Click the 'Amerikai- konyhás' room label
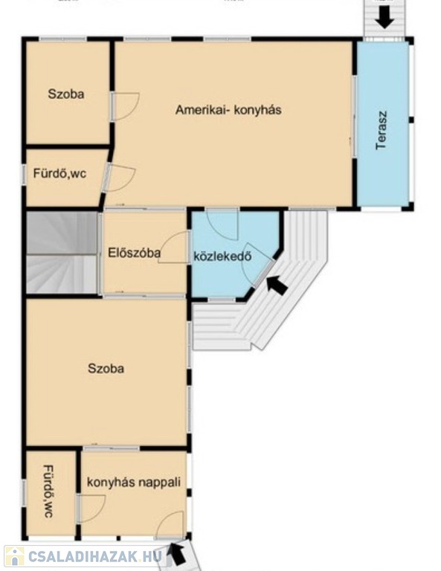[228, 109]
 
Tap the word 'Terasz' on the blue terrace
[382, 130]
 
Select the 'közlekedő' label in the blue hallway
[222, 257]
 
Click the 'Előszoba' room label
[134, 253]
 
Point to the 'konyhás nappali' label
[134, 482]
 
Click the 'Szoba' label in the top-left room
[66, 94]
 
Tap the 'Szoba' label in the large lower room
[106, 368]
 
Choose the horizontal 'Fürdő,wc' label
[59, 173]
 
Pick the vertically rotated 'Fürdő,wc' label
[48, 491]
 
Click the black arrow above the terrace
[384, 18]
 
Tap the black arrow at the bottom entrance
[176, 553]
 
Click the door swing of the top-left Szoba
[126, 106]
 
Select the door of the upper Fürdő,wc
[120, 178]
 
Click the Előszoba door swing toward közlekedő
[174, 247]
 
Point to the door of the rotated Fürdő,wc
[91, 509]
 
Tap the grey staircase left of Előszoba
[62, 253]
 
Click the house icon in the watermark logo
[15, 557]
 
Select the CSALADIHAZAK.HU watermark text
[94, 556]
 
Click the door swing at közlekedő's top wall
[222, 226]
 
